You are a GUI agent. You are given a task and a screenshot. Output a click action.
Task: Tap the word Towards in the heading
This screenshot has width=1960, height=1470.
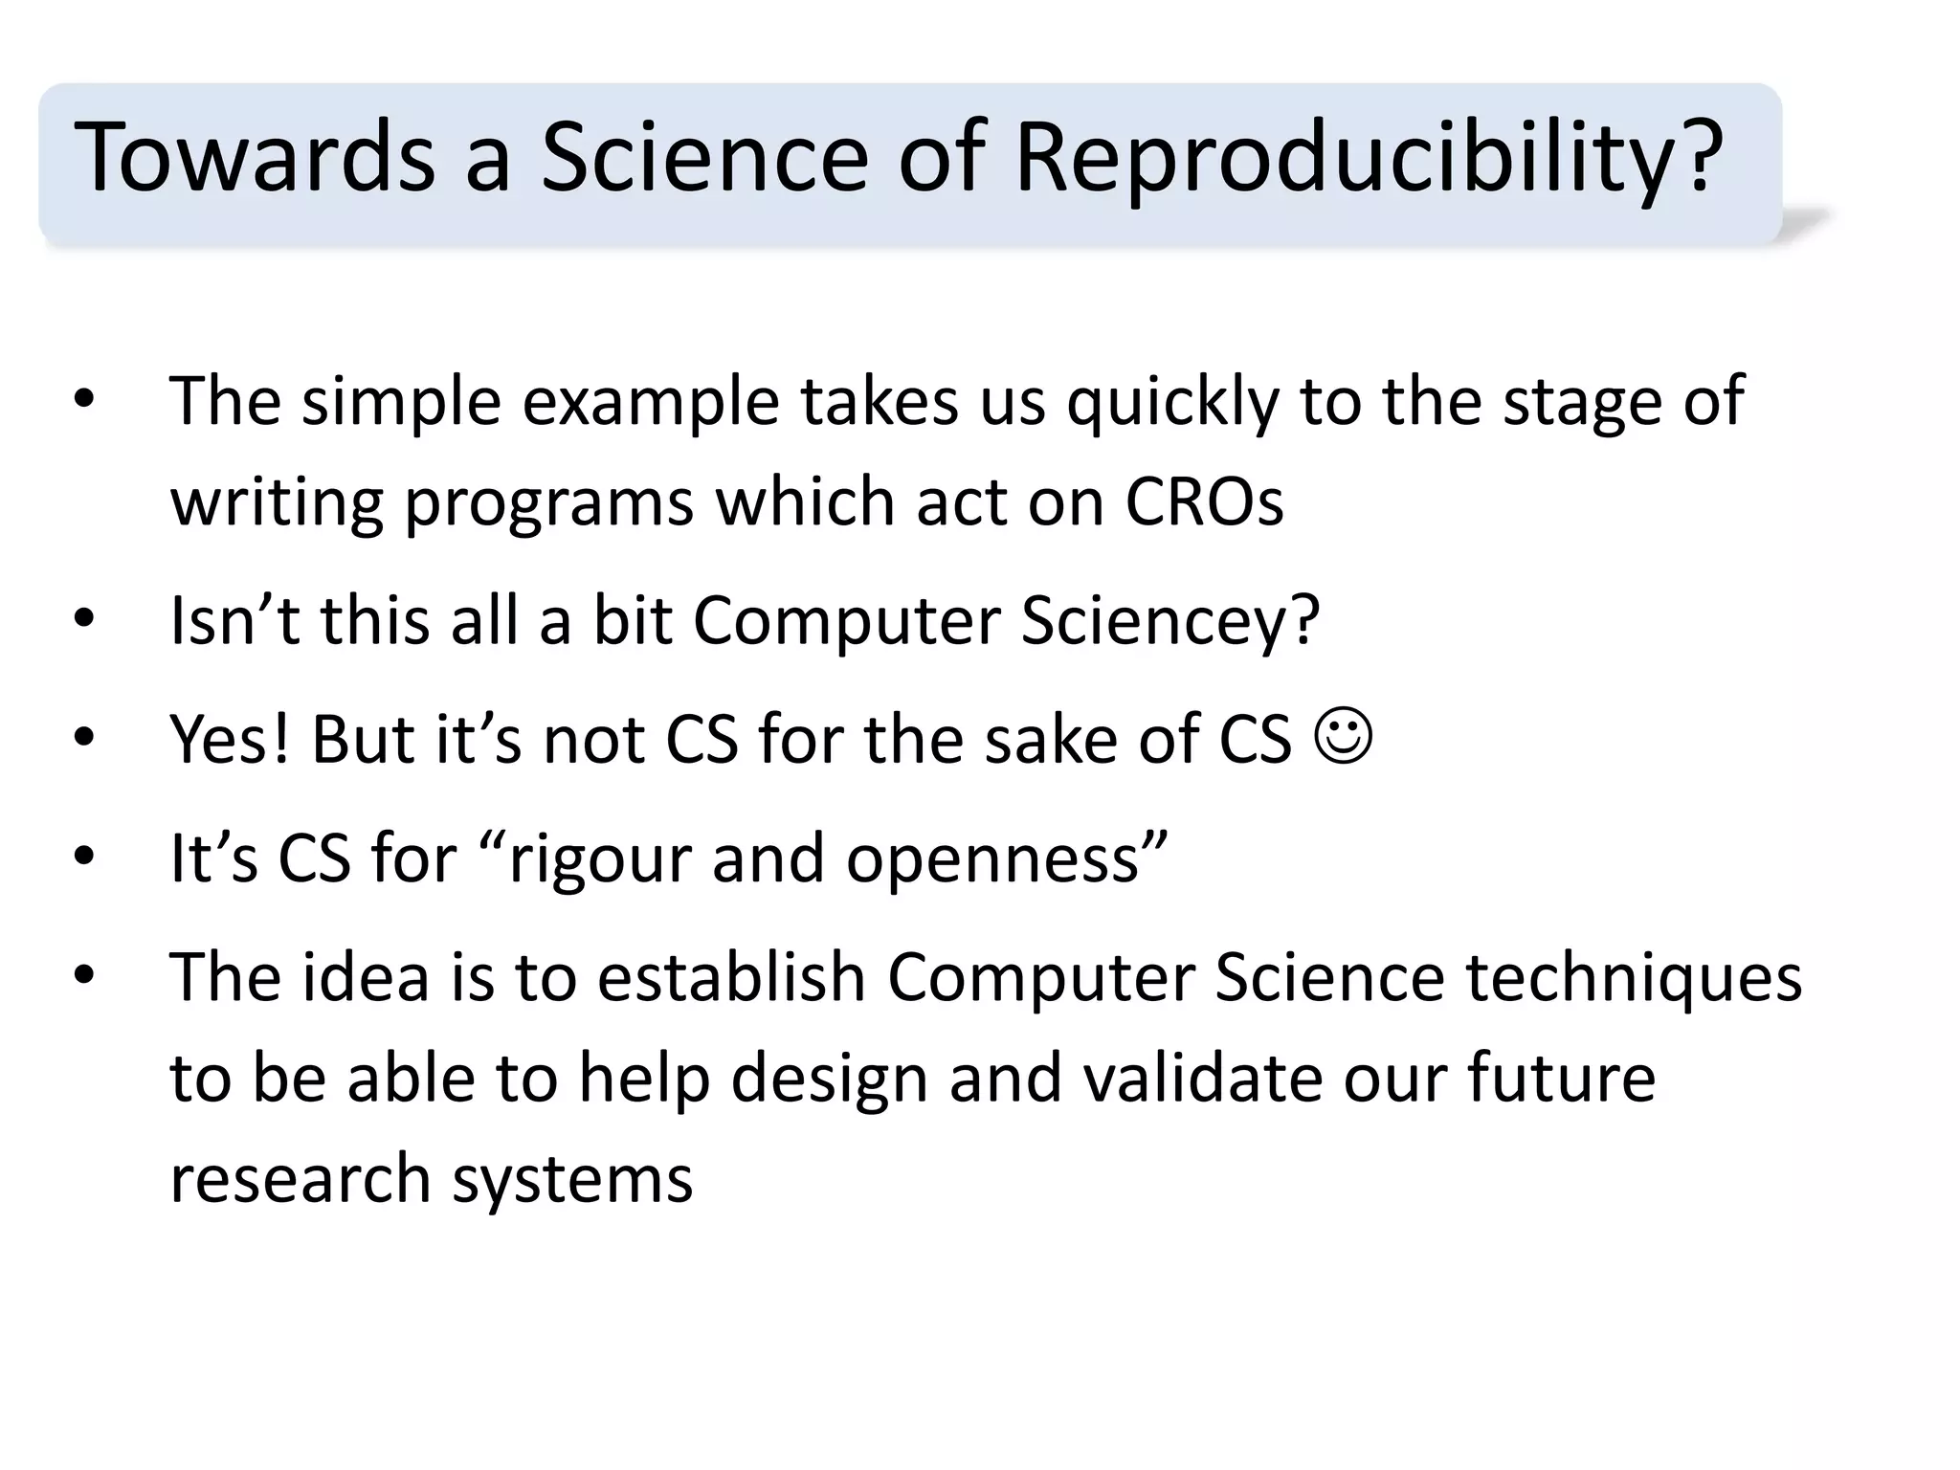click(x=254, y=159)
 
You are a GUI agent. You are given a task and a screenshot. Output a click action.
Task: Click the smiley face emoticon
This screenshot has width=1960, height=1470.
click(x=1344, y=736)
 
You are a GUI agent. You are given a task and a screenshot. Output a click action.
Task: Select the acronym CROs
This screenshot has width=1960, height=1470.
click(x=1204, y=501)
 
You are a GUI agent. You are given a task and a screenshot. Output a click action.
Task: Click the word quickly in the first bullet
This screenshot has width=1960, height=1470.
click(x=1172, y=402)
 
